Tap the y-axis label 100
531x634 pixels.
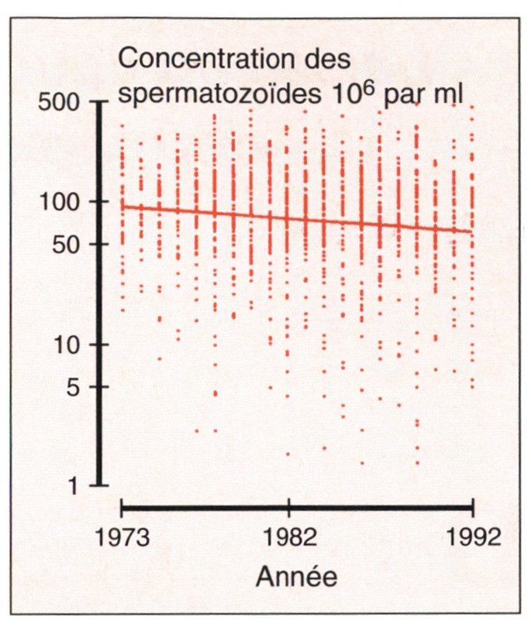coord(62,202)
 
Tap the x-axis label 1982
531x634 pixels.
coord(288,537)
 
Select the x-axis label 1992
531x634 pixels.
coord(472,537)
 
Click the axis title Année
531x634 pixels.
coord(296,577)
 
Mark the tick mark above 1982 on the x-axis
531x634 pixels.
coord(288,511)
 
